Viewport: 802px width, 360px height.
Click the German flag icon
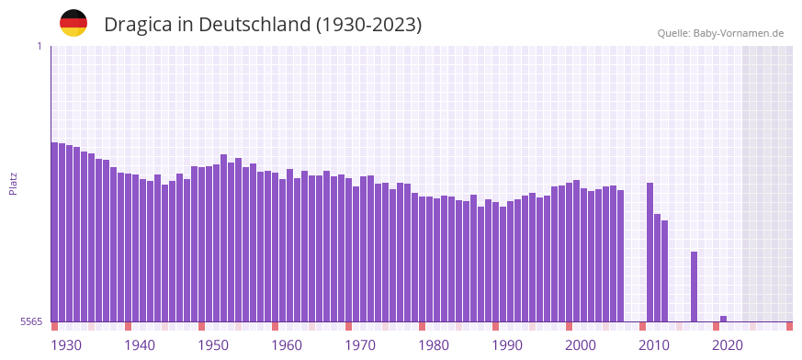pyautogui.click(x=73, y=23)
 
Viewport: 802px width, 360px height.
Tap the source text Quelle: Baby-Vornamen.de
pyautogui.click(x=720, y=33)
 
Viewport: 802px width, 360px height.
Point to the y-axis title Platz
pyautogui.click(x=13, y=183)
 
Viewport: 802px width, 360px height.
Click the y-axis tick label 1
pyautogui.click(x=39, y=46)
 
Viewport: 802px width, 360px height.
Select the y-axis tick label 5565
pyautogui.click(x=31, y=321)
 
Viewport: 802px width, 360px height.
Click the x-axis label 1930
pyautogui.click(x=66, y=345)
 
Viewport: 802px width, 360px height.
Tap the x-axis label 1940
pyautogui.click(x=140, y=345)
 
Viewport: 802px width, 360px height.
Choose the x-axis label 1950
pyautogui.click(x=213, y=345)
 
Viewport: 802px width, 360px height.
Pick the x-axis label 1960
pyautogui.click(x=287, y=345)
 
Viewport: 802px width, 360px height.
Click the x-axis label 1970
pyautogui.click(x=360, y=345)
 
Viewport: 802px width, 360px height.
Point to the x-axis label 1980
pyautogui.click(x=434, y=345)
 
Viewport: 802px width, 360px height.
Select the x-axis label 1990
pyautogui.click(x=507, y=345)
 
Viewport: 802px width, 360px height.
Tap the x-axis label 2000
pyautogui.click(x=581, y=345)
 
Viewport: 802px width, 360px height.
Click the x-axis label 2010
pyautogui.click(x=654, y=345)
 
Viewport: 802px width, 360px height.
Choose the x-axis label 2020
pyautogui.click(x=728, y=345)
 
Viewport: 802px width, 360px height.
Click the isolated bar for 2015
pyautogui.click(x=695, y=287)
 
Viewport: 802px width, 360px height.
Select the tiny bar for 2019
pyautogui.click(x=724, y=319)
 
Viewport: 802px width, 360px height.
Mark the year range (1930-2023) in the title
pyautogui.click(x=368, y=25)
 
